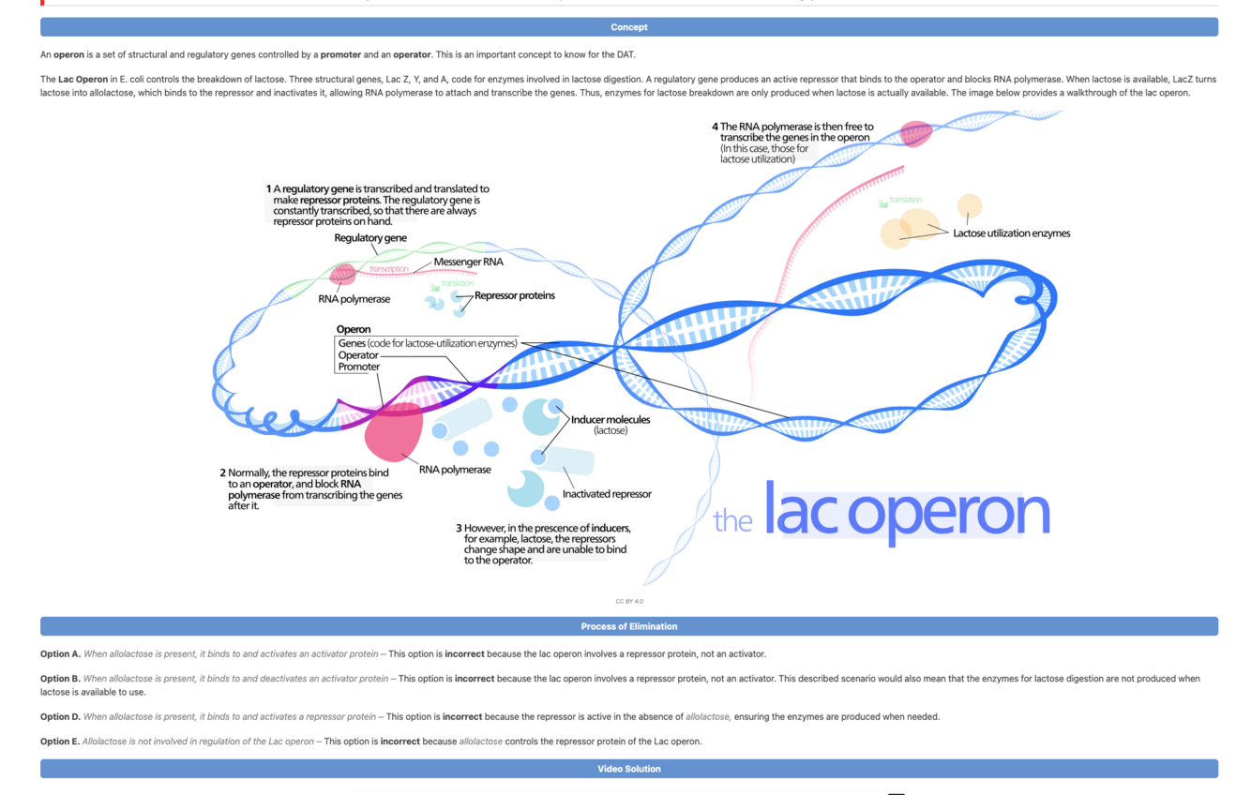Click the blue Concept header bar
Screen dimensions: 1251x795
click(628, 27)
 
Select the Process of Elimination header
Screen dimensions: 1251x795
click(628, 626)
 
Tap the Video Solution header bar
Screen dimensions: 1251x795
click(628, 769)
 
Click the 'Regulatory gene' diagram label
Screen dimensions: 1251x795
click(370, 238)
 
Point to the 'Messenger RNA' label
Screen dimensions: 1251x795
click(468, 262)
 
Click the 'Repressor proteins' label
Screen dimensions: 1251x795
click(514, 295)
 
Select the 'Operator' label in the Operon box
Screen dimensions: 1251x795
click(358, 355)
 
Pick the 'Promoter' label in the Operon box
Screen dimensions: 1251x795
click(359, 367)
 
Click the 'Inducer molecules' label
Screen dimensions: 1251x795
click(610, 419)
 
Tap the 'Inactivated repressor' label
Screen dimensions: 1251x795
click(607, 494)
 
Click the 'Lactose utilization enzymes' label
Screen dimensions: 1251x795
click(1011, 233)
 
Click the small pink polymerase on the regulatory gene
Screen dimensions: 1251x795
click(343, 274)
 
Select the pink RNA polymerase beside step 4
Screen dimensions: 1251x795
click(915, 133)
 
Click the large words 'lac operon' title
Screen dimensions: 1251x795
click(906, 513)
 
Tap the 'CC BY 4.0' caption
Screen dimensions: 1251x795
click(629, 601)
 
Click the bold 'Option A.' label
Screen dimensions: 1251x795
click(60, 653)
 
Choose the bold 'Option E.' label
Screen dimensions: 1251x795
click(60, 742)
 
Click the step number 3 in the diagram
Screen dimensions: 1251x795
click(459, 528)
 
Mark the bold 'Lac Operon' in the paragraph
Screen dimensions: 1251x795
click(83, 80)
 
